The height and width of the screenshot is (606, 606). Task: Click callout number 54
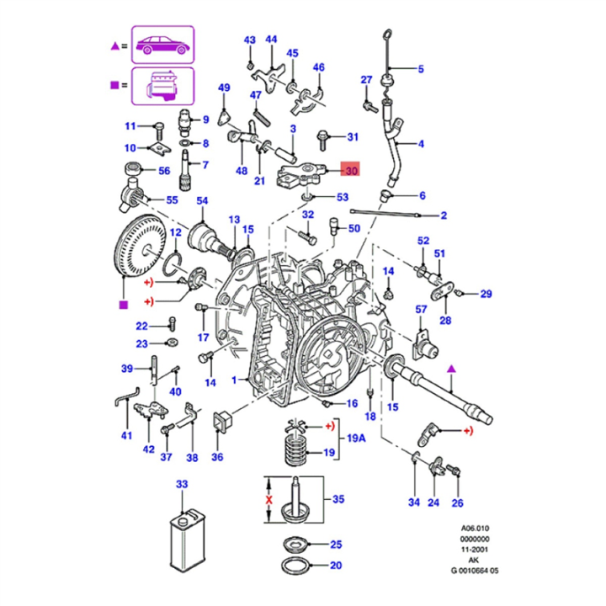tap(202, 200)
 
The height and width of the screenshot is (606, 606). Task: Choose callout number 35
tap(338, 499)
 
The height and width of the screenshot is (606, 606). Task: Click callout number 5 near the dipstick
tap(421, 69)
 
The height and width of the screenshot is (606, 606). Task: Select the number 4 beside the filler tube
tap(421, 144)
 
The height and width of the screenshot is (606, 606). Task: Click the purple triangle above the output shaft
tap(451, 369)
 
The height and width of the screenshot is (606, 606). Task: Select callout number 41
tap(126, 435)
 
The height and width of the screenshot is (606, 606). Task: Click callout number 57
tap(421, 310)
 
